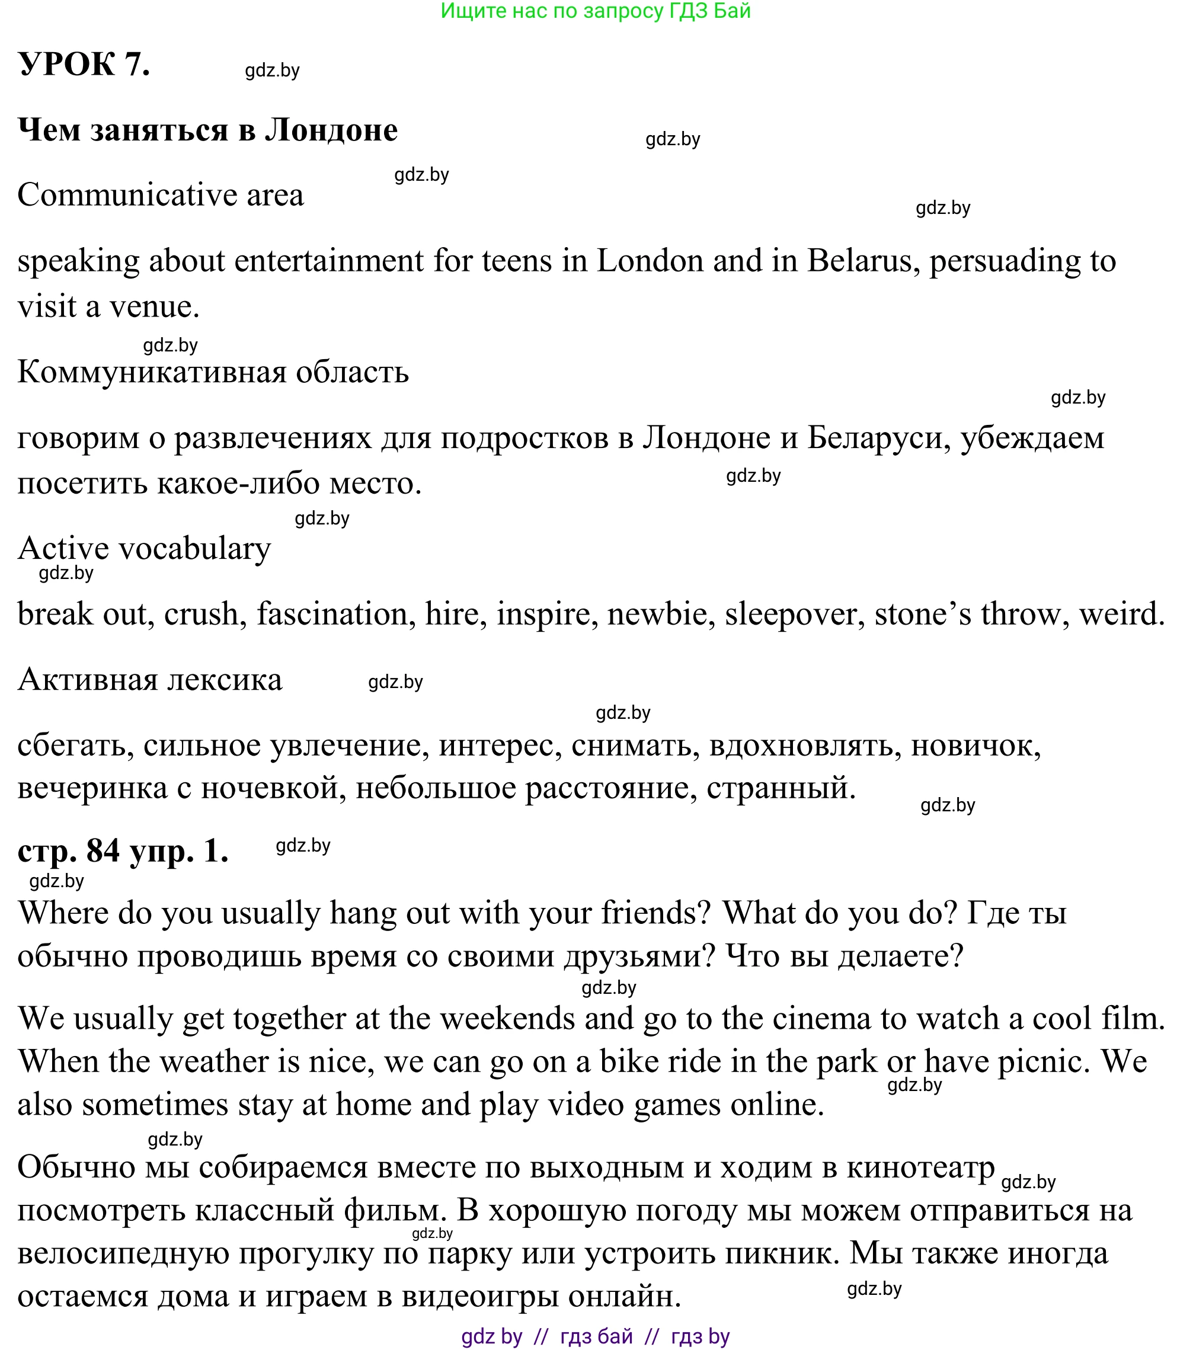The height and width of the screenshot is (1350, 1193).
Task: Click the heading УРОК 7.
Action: click(84, 65)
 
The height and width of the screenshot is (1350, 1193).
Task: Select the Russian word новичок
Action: click(975, 746)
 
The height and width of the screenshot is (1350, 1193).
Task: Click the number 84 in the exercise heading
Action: click(103, 850)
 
